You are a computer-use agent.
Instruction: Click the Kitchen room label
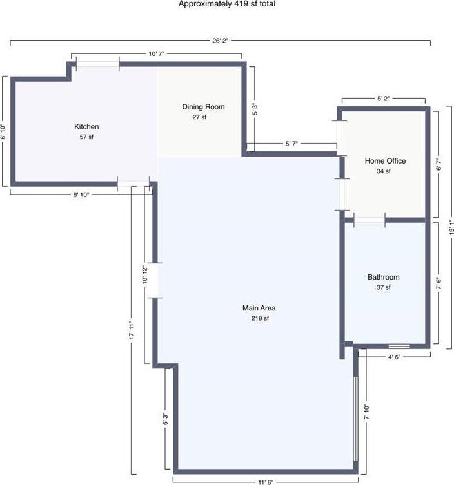point(86,126)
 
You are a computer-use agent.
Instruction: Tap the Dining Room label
point(203,107)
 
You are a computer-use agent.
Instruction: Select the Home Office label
point(385,161)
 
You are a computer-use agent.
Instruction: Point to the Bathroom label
point(384,277)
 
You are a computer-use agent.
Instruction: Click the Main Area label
point(259,308)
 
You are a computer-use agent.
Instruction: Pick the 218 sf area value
point(260,318)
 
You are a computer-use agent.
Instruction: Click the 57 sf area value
point(86,137)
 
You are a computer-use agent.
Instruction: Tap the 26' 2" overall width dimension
point(220,41)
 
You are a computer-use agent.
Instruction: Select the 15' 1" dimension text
point(451,227)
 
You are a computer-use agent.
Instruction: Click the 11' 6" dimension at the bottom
point(266,482)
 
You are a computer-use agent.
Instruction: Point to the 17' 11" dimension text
point(132,330)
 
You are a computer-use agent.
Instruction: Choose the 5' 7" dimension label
point(291,144)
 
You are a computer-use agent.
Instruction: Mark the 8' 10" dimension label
point(81,195)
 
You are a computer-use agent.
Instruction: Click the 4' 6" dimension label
point(394,357)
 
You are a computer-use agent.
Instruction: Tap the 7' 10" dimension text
point(367,412)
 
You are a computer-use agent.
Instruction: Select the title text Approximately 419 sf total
point(227,4)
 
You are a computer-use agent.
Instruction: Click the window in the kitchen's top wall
point(98,64)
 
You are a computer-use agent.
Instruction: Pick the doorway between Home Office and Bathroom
point(370,220)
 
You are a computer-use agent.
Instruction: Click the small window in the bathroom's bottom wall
point(399,346)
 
